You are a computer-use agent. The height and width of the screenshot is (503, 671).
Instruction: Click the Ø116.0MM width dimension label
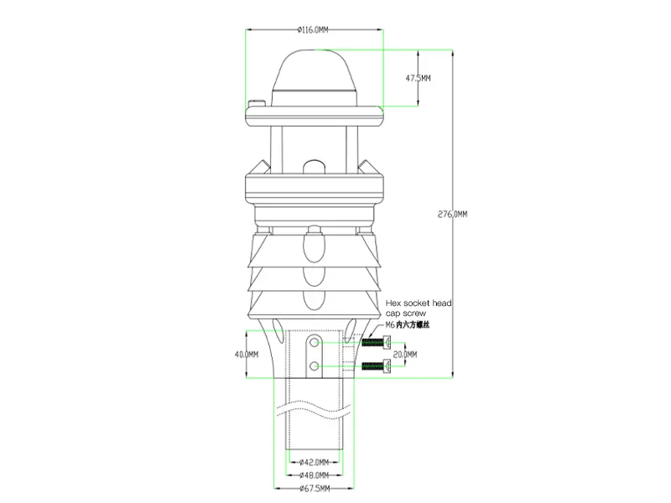tap(314, 30)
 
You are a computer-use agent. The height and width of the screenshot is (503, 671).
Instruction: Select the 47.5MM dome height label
tap(419, 78)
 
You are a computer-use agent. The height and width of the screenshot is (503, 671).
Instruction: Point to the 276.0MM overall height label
tap(453, 215)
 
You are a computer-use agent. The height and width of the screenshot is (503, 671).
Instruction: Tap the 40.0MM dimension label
tap(246, 355)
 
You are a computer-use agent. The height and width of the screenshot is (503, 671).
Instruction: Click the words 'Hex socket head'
tap(419, 303)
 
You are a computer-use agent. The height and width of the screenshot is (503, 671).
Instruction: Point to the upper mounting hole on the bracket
tap(314, 344)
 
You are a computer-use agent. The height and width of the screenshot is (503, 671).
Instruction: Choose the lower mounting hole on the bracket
tap(314, 366)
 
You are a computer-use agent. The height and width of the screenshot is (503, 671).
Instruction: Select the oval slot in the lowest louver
tap(314, 298)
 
